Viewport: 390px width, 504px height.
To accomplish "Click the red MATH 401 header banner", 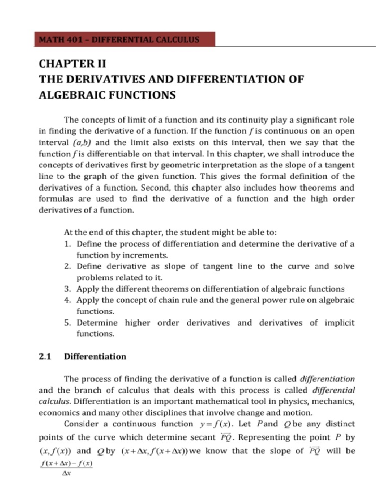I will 124,40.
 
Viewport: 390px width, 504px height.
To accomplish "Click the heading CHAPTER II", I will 72,64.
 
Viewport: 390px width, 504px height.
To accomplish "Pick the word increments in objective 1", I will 148,255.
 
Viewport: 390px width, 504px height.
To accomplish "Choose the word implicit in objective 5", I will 339,323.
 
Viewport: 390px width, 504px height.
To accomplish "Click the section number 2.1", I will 45,357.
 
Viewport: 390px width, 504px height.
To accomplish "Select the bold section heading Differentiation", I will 95,357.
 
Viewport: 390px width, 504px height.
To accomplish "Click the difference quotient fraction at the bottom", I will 66,469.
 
